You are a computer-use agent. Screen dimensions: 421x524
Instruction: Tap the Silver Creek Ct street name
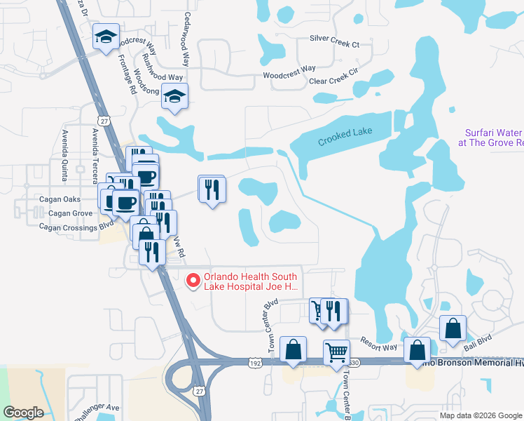tap(334, 44)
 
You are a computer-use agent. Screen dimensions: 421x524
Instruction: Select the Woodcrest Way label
tap(289, 73)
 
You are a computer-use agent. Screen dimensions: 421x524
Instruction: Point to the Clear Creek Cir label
tap(333, 76)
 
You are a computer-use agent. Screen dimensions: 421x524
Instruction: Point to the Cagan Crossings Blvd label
tap(76, 227)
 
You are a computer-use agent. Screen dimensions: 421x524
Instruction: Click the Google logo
tap(23, 413)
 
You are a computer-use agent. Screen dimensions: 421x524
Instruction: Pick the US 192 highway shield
tap(254, 361)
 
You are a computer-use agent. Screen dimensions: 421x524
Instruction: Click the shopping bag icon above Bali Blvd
tap(453, 328)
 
